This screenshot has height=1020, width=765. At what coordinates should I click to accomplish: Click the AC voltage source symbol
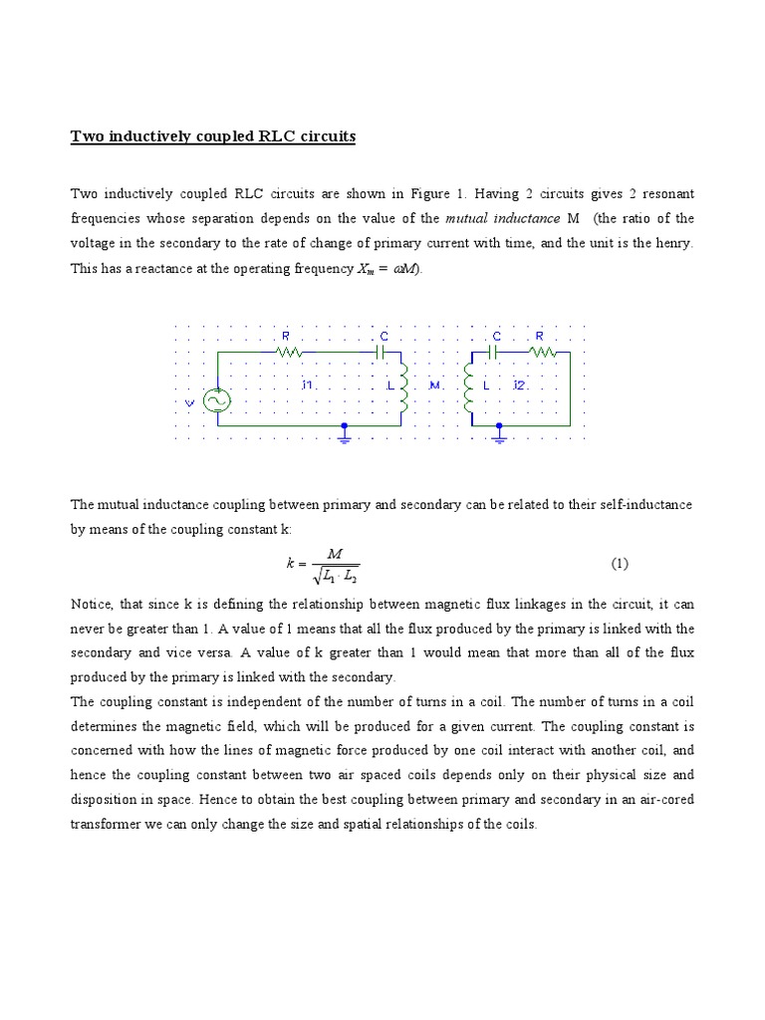pos(216,400)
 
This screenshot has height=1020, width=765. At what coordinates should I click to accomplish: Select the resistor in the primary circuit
pos(288,352)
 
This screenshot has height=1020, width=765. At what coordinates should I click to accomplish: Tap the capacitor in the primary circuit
pos(380,352)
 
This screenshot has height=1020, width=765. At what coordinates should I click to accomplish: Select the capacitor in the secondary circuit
pos(493,352)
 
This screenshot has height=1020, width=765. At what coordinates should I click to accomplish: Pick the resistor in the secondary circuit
pos(543,352)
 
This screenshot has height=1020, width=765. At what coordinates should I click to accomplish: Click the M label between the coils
pos(433,384)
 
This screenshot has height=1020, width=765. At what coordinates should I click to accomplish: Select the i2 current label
pos(519,384)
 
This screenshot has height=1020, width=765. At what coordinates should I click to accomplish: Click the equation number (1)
pos(620,564)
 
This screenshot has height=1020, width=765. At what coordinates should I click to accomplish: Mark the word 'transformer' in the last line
pos(106,824)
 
